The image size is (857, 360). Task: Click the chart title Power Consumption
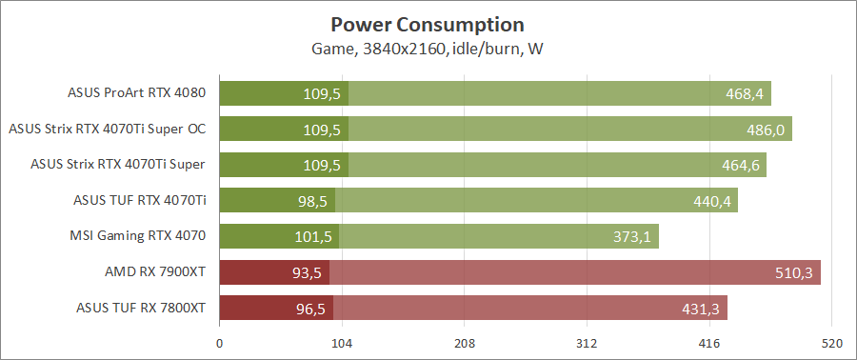(428, 24)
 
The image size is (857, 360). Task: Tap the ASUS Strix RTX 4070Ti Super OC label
(108, 129)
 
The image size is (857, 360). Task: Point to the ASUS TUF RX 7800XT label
(141, 308)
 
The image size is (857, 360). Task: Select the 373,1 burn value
(630, 236)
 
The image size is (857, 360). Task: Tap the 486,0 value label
(765, 129)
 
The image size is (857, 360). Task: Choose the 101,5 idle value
(312, 236)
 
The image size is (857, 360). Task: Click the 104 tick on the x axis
(342, 343)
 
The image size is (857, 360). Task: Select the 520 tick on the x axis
(832, 343)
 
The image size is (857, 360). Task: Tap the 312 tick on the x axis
(588, 343)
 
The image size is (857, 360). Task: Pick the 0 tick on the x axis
(220, 343)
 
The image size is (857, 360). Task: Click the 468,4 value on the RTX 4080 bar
(743, 93)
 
